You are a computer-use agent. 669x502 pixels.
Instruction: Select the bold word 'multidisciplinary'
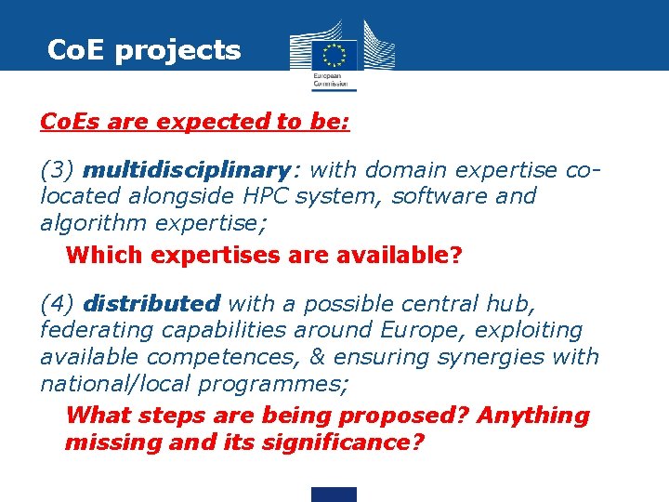[x=186, y=170]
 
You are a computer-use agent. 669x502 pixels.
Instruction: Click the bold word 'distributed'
[x=151, y=304]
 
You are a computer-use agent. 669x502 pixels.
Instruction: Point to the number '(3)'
[x=58, y=170]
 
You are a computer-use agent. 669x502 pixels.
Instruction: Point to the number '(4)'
[x=58, y=304]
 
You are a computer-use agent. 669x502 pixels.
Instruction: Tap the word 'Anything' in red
[x=532, y=416]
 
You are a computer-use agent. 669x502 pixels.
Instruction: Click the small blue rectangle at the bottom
[x=334, y=495]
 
